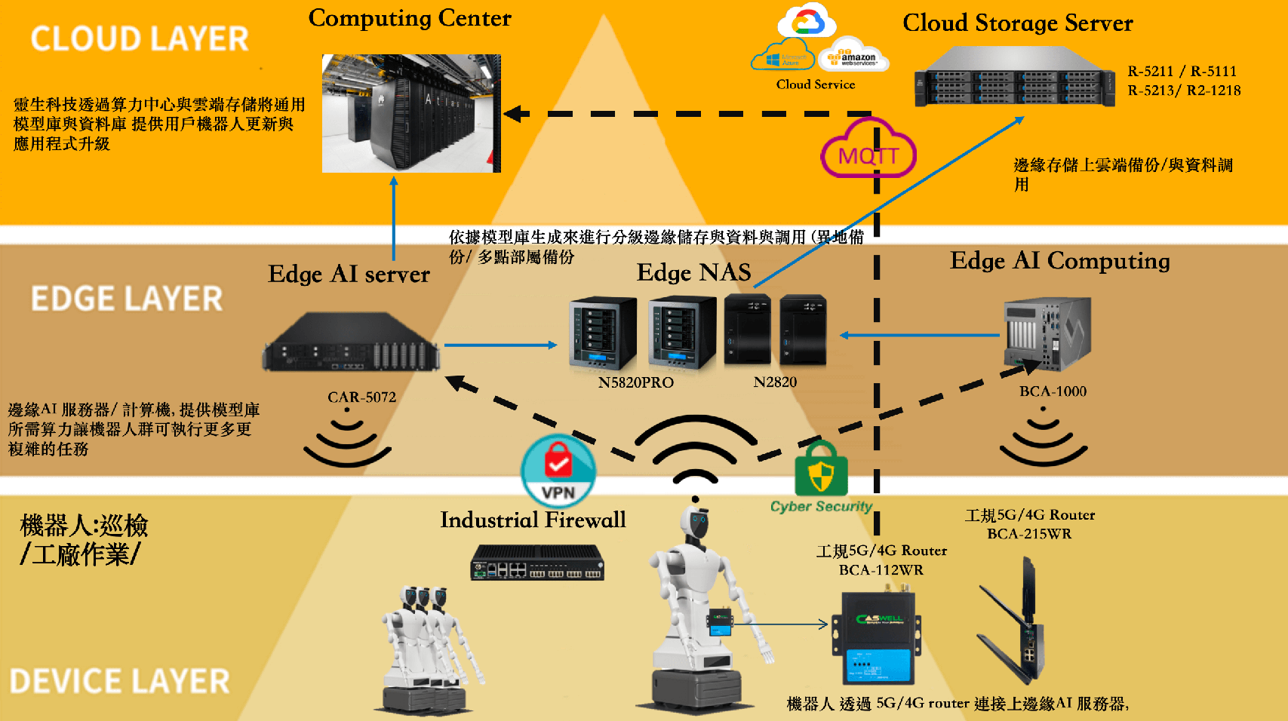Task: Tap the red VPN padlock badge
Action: click(x=558, y=471)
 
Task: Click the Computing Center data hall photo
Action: click(x=411, y=113)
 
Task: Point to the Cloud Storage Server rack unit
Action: click(x=1014, y=78)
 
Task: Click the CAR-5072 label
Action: click(x=361, y=397)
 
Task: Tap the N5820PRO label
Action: click(x=635, y=382)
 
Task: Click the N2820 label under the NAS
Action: click(x=775, y=382)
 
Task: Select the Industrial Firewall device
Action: click(x=537, y=563)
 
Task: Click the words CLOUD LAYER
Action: click(x=140, y=39)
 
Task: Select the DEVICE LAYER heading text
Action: click(x=119, y=682)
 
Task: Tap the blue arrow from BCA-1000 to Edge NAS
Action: click(x=920, y=335)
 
